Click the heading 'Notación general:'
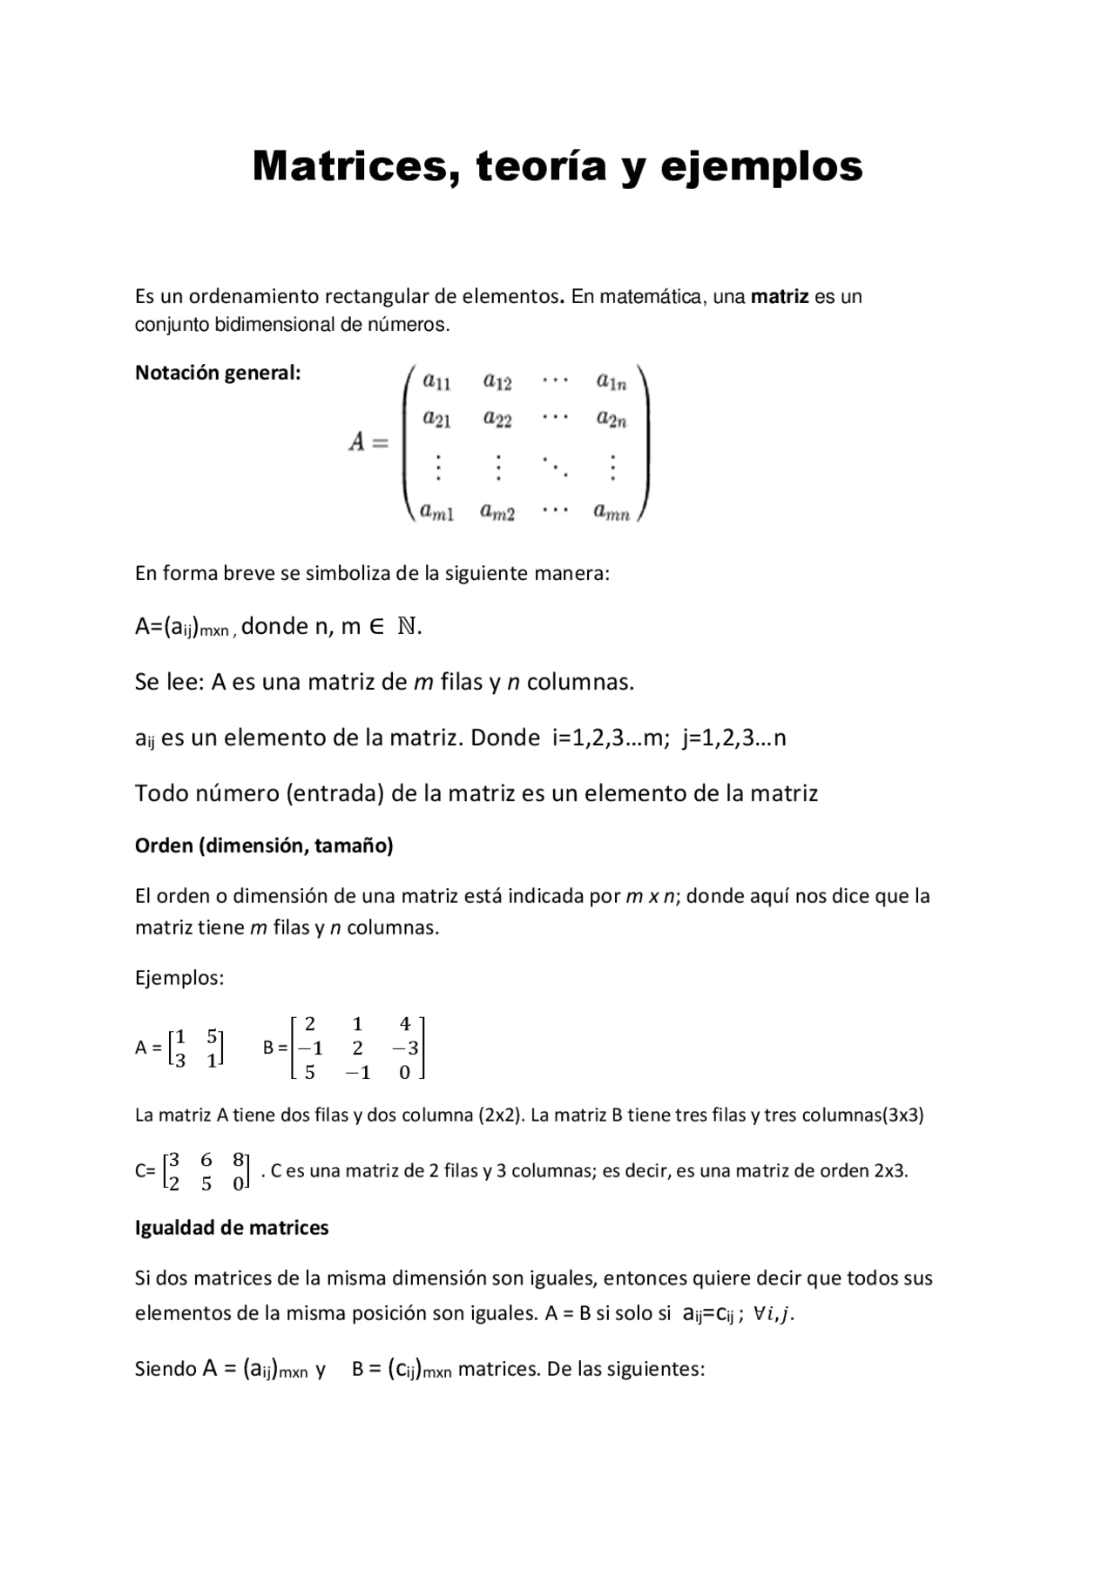click(x=218, y=373)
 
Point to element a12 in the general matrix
click(x=497, y=381)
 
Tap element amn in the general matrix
click(x=612, y=512)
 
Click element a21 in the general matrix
click(x=436, y=420)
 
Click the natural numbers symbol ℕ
click(x=406, y=626)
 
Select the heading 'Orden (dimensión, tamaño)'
click(x=264, y=846)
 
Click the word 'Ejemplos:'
click(x=179, y=978)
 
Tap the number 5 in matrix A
click(x=212, y=1036)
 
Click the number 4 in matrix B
click(x=404, y=1025)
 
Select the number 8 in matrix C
click(x=238, y=1160)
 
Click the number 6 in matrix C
click(x=206, y=1160)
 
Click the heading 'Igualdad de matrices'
click(x=232, y=1228)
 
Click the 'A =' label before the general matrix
click(x=368, y=442)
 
